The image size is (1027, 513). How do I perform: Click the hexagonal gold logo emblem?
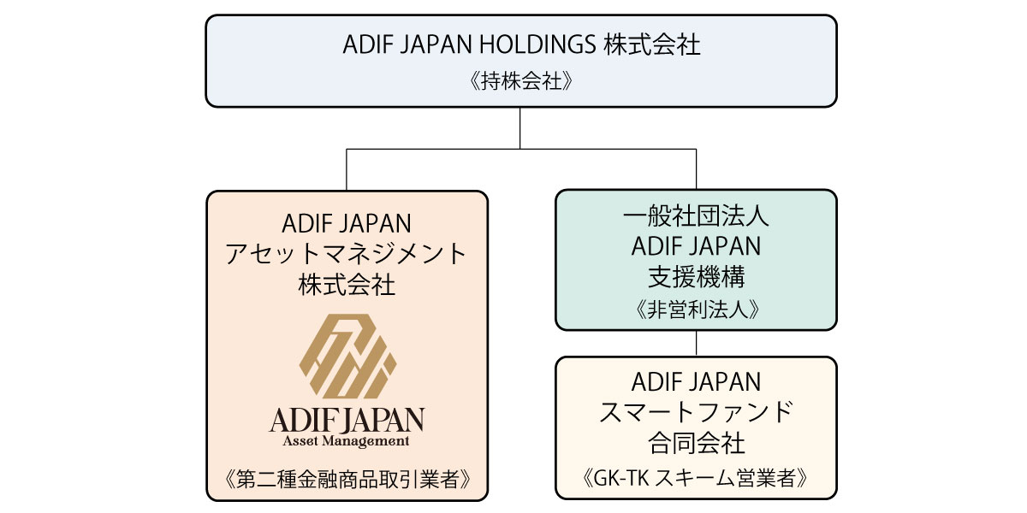347,357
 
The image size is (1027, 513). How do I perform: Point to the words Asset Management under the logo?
347,441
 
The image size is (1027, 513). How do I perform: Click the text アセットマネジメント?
347,255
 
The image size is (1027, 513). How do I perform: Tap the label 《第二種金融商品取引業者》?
347,480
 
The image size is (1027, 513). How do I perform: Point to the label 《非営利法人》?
696,310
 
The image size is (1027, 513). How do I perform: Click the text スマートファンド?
696,412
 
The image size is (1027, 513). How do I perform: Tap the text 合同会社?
696,443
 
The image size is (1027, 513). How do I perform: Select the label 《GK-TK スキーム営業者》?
696,477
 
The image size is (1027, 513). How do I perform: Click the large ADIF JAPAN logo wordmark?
347,420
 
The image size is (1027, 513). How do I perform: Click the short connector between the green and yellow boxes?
696,343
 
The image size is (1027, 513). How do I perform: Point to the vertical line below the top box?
520,128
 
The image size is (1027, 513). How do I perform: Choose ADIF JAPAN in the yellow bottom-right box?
696,381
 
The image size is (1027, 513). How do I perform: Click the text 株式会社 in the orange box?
347,285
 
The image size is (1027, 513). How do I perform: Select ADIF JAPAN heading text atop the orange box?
347,224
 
